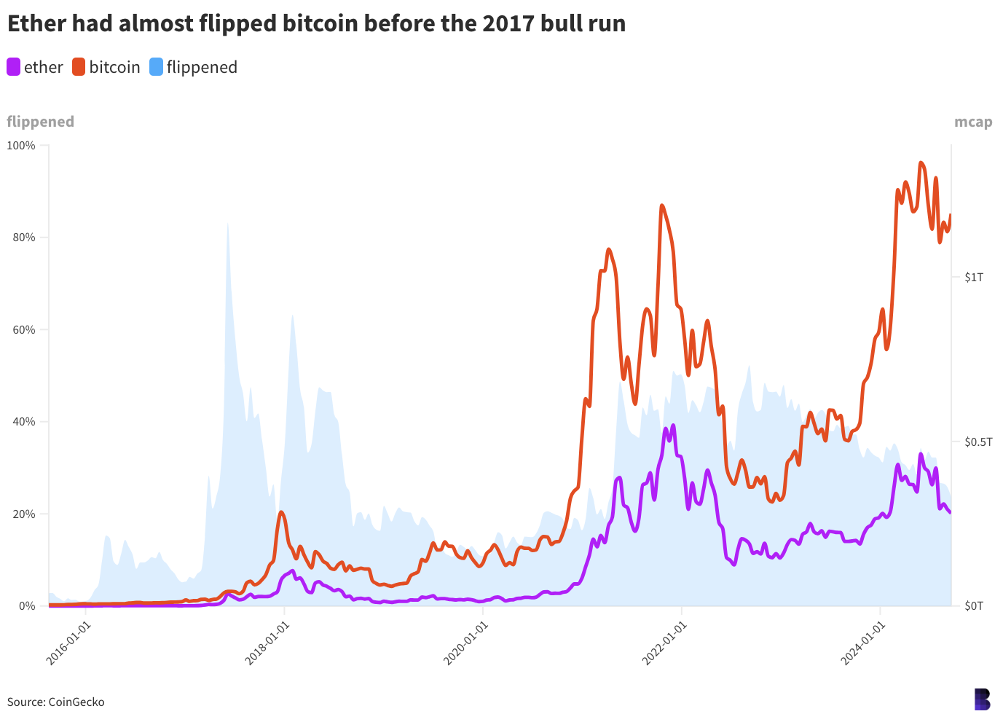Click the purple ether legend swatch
point(13,67)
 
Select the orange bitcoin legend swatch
point(79,67)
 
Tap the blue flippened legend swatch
point(157,67)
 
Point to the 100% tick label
point(20,146)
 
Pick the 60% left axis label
point(24,330)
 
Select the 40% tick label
point(24,422)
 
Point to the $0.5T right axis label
point(978,442)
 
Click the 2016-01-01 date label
point(68,643)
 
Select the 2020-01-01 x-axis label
point(465,643)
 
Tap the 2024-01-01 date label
point(863,643)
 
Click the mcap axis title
point(973,122)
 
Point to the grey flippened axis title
point(40,122)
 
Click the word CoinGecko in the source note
point(76,702)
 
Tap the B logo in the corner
point(983,699)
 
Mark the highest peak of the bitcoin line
point(921,163)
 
